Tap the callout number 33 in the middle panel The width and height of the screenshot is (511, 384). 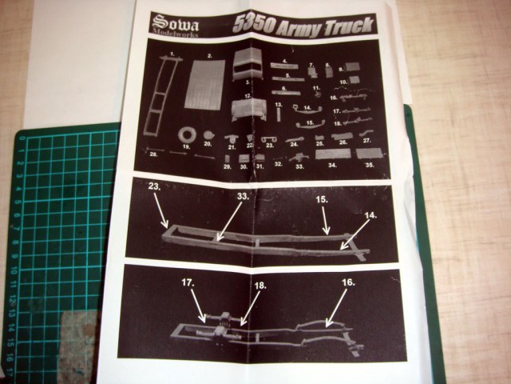coord(244,195)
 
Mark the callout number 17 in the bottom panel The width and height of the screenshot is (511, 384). coord(188,282)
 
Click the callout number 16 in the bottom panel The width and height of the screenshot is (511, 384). coord(347,282)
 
